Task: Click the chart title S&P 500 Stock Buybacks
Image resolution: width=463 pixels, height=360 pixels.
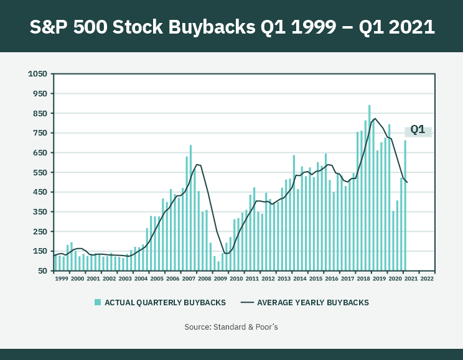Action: coord(231,27)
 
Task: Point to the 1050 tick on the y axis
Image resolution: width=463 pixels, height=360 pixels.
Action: coord(38,74)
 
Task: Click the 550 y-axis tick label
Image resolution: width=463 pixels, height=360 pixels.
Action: coord(40,172)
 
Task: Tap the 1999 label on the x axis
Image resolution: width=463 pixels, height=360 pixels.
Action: coord(62,279)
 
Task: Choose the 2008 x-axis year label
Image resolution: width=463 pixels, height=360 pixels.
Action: coord(205,279)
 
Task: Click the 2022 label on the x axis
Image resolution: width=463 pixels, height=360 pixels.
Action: coord(427,279)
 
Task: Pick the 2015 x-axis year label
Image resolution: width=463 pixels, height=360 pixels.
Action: coord(316,279)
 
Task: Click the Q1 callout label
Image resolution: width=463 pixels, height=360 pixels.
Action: coord(418,130)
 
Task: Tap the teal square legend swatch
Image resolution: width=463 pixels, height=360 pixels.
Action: coord(97,302)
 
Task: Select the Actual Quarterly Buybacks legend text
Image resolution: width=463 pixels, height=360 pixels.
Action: coord(165,303)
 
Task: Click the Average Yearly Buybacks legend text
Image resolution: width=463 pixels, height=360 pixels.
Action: coord(313,303)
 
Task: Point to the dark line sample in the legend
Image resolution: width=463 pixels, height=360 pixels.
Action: coord(247,303)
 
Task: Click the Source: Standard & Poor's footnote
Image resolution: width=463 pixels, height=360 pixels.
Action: coord(231,326)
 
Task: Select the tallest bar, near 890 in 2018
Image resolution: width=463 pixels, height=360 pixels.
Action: coord(369,187)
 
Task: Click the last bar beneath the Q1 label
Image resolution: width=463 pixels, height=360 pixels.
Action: coord(405,205)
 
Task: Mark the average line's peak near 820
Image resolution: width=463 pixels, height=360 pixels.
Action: coord(375,119)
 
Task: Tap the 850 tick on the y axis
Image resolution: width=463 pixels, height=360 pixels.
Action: coord(40,113)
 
